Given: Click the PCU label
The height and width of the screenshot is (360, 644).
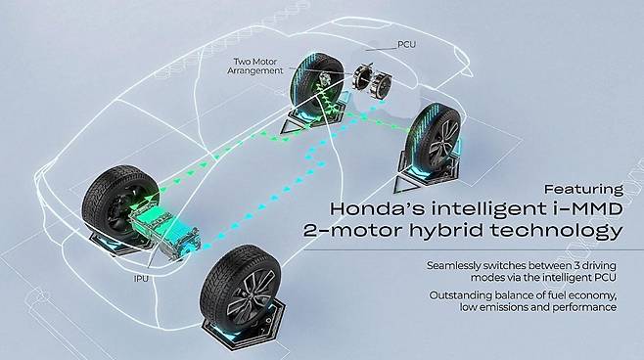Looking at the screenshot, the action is click(406, 44).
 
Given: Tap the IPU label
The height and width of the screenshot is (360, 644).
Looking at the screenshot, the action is click(141, 279).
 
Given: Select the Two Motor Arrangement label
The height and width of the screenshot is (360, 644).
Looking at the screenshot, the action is click(255, 67).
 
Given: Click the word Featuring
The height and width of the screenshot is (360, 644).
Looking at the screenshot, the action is click(583, 190).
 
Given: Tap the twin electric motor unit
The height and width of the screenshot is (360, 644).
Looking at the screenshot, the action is click(372, 80).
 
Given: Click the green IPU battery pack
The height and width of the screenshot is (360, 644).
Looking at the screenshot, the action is click(165, 232).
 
